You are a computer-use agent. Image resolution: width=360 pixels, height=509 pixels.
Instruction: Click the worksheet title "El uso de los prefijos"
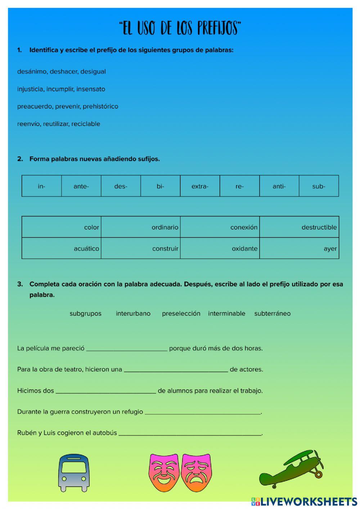click(x=180, y=28)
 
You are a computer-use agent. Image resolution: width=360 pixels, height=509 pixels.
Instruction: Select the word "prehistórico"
click(x=100, y=107)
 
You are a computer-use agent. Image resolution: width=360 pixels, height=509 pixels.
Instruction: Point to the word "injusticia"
click(x=30, y=89)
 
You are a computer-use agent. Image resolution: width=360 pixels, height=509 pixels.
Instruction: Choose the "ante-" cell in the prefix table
click(x=81, y=186)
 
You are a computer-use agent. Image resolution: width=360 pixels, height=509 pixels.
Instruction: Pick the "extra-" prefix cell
click(x=200, y=186)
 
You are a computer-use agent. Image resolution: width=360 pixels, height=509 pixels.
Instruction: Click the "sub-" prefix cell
click(x=319, y=186)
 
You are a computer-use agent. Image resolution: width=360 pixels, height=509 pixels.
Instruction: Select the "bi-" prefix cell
click(x=160, y=186)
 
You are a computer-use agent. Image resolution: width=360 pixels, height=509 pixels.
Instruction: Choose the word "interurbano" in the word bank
click(x=133, y=314)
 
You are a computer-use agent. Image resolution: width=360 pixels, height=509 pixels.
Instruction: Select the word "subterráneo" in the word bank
click(x=272, y=314)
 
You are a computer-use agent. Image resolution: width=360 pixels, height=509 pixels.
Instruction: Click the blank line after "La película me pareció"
click(x=127, y=348)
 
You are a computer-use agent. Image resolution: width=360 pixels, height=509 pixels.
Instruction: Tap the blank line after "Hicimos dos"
click(x=106, y=391)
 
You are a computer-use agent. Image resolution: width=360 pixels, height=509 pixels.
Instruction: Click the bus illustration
click(x=73, y=472)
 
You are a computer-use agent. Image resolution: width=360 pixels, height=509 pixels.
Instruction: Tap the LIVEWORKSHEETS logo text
click(x=308, y=501)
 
